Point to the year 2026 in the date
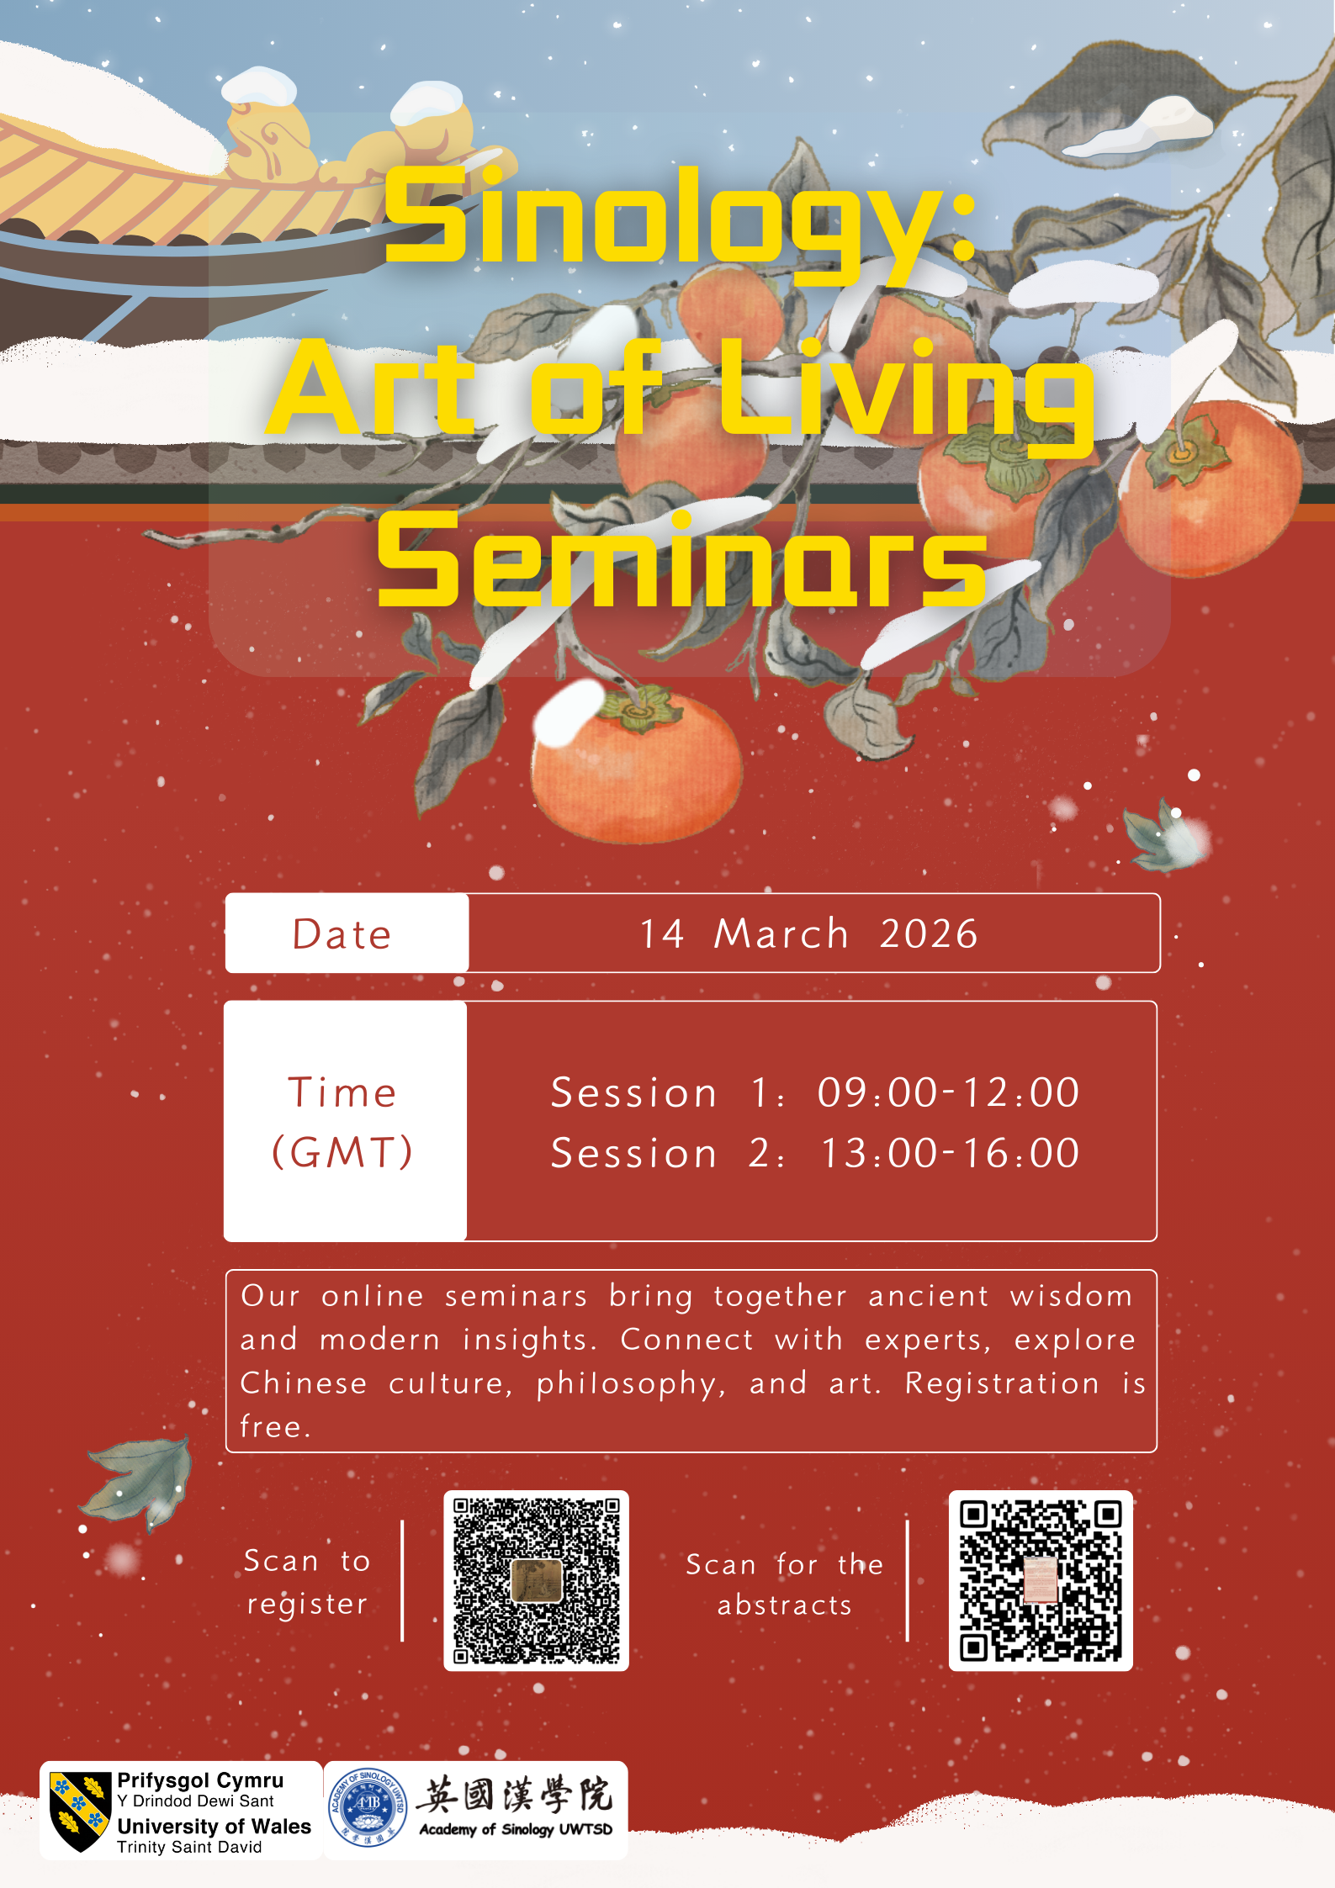pos(929,933)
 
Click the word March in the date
pos(781,933)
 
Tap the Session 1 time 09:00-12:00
pos(948,1092)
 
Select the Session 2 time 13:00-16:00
pos(950,1153)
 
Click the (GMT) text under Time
pos(342,1152)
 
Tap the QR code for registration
pos(536,1580)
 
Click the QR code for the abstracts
pos(1041,1580)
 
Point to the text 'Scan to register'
pos(307,1582)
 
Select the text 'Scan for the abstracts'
pos(784,1584)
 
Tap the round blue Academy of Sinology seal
pos(368,1807)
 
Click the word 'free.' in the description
pos(275,1427)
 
